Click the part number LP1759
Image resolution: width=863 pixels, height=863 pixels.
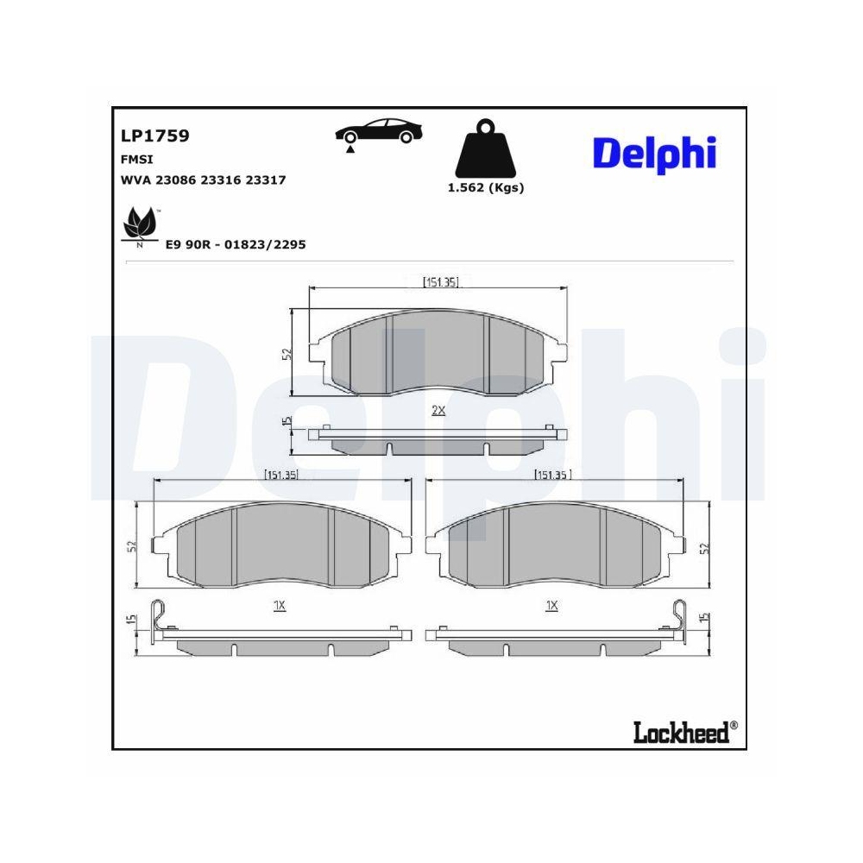coord(155,135)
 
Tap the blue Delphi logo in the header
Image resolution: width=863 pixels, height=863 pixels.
coord(654,152)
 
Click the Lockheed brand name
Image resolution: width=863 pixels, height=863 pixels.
coord(681,733)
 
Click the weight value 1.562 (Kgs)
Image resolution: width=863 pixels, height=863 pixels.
coord(485,188)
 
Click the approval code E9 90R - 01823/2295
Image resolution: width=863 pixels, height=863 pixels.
coord(236,245)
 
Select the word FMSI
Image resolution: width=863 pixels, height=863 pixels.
coord(138,160)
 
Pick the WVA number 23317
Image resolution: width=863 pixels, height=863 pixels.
coord(266,180)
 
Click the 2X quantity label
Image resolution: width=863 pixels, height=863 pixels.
coord(438,411)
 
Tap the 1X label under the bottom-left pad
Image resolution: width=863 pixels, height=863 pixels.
coord(279,607)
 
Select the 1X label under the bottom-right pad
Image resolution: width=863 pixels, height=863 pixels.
coord(551,607)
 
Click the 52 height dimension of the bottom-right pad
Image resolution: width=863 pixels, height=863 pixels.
coord(704,547)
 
